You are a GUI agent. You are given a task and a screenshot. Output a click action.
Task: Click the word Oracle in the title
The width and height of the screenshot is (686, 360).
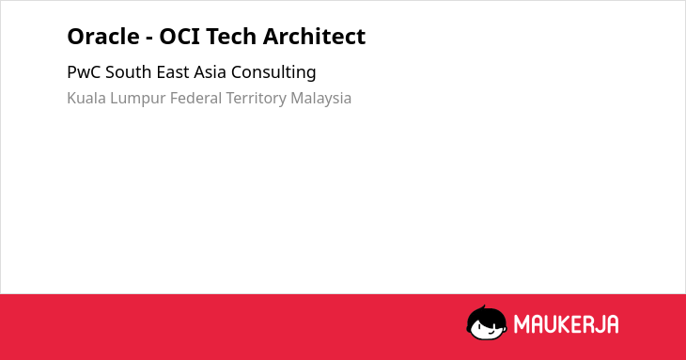click(103, 37)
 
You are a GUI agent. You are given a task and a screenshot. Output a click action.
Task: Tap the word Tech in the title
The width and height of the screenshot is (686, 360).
click(231, 37)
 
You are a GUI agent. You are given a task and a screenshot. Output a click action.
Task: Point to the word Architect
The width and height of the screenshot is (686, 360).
click(314, 37)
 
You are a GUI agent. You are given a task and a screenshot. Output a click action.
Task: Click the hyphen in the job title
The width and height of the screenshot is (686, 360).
click(149, 39)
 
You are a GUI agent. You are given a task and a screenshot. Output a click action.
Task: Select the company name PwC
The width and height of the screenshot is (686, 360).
click(84, 72)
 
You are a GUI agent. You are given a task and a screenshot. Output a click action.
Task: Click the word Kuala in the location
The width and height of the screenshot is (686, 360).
click(86, 98)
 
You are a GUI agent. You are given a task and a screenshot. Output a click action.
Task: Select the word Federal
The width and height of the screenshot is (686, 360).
click(196, 98)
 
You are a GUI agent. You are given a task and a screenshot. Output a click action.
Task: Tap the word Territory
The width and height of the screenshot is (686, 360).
click(256, 99)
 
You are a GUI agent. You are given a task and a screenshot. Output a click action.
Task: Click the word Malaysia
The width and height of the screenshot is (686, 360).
click(321, 99)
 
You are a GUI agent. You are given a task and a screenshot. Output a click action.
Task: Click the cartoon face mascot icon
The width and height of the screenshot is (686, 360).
click(487, 322)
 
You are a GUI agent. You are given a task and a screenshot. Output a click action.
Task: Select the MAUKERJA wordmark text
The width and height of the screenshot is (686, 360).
click(566, 324)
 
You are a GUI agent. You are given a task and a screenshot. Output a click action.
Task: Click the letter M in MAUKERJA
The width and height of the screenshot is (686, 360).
click(522, 324)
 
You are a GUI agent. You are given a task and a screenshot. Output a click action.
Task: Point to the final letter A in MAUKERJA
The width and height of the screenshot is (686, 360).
click(612, 324)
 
